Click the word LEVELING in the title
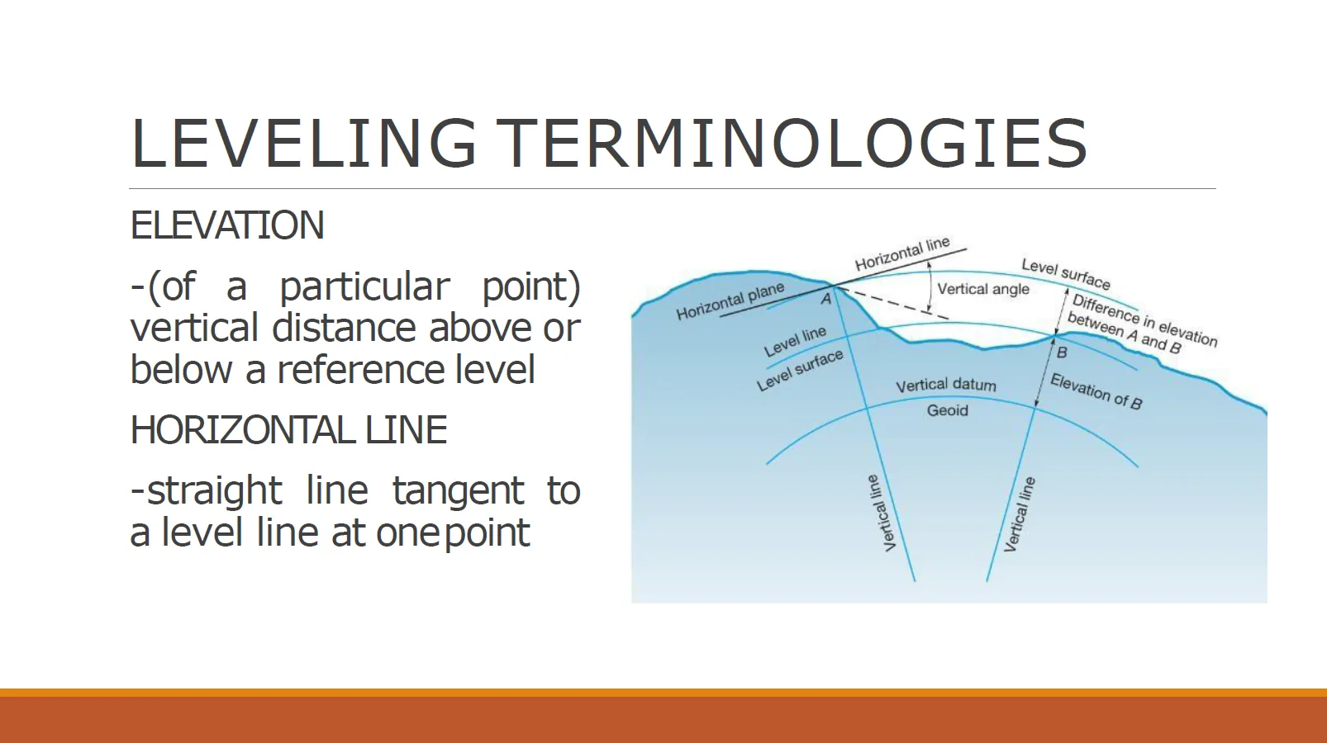tap(304, 143)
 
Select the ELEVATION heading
tap(227, 225)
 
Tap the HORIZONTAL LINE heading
tap(288, 430)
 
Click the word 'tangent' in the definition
tap(458, 491)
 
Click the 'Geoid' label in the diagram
tap(947, 410)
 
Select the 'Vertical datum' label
tap(946, 386)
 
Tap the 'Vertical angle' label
tap(983, 289)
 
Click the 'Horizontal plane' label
tap(730, 301)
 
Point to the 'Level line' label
tap(795, 341)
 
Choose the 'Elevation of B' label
tap(1096, 391)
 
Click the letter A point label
tap(825, 300)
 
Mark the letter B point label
tap(1063, 353)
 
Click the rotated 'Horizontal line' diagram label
tap(902, 253)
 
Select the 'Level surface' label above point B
tap(1066, 274)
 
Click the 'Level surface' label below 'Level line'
tap(800, 370)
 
